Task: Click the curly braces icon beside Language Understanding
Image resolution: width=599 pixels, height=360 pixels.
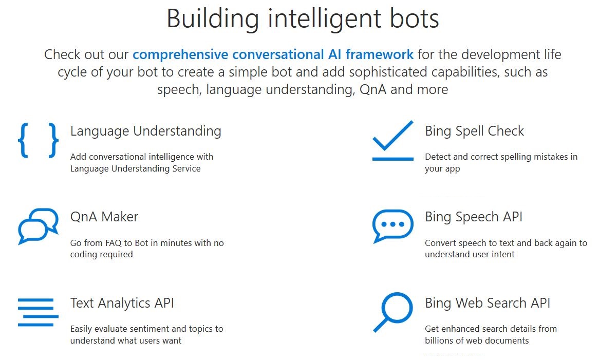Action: coord(38,140)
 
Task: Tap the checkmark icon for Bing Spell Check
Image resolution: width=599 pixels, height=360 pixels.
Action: coord(392,140)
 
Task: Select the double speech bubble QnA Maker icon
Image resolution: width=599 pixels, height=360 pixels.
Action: coord(38,226)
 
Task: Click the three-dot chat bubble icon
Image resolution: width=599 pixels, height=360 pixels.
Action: coord(392,225)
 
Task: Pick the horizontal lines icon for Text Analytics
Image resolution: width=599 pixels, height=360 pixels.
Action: coord(35,312)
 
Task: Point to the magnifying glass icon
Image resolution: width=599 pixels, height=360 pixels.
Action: coord(392,312)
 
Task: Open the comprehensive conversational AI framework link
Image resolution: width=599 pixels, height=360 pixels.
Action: coord(273,54)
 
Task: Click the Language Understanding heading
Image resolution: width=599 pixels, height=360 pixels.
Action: coord(145,131)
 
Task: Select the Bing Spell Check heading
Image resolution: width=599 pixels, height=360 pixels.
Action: coord(474,131)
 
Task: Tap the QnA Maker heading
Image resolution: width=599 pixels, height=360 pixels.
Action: coord(104,217)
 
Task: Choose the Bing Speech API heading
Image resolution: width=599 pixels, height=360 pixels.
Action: coord(473,217)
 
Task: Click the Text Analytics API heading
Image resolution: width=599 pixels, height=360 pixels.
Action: coord(122,303)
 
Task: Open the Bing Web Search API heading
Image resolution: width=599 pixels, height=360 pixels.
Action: coord(487,303)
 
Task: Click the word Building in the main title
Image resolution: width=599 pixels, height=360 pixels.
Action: coord(212,18)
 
